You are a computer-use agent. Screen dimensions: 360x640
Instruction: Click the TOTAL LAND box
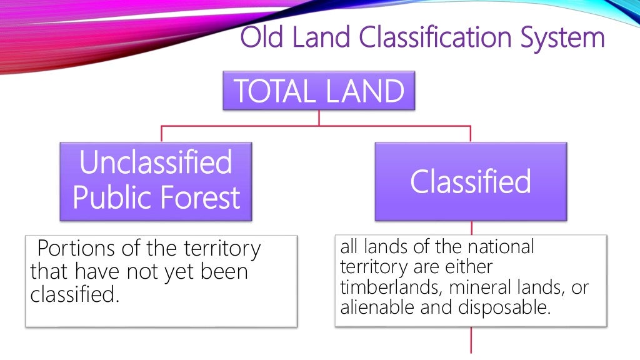pos(319,91)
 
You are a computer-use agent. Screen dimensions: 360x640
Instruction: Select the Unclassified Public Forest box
pos(156,181)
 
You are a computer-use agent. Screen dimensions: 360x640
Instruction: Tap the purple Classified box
pos(470,181)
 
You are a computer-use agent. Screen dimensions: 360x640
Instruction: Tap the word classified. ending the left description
pos(74,294)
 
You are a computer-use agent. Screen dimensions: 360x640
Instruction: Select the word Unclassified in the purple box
pos(156,163)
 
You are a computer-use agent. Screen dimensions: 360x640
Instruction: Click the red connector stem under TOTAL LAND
pos(319,118)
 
